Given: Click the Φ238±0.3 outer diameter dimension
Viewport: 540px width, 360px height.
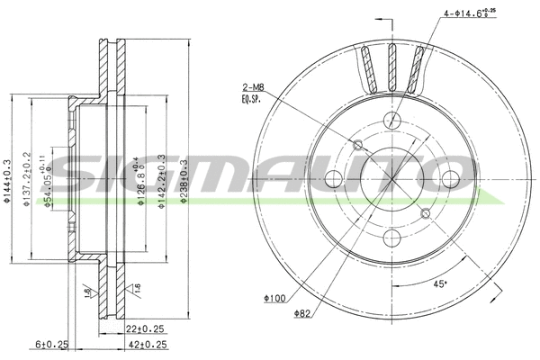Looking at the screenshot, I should [x=184, y=181].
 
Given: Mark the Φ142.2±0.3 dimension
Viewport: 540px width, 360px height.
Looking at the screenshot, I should [x=161, y=181].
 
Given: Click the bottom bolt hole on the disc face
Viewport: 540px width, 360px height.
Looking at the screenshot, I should [x=391, y=238].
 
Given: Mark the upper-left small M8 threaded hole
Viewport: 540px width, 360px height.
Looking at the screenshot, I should [x=358, y=145].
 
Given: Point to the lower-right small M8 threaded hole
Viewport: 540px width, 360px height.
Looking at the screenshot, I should [x=425, y=212].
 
